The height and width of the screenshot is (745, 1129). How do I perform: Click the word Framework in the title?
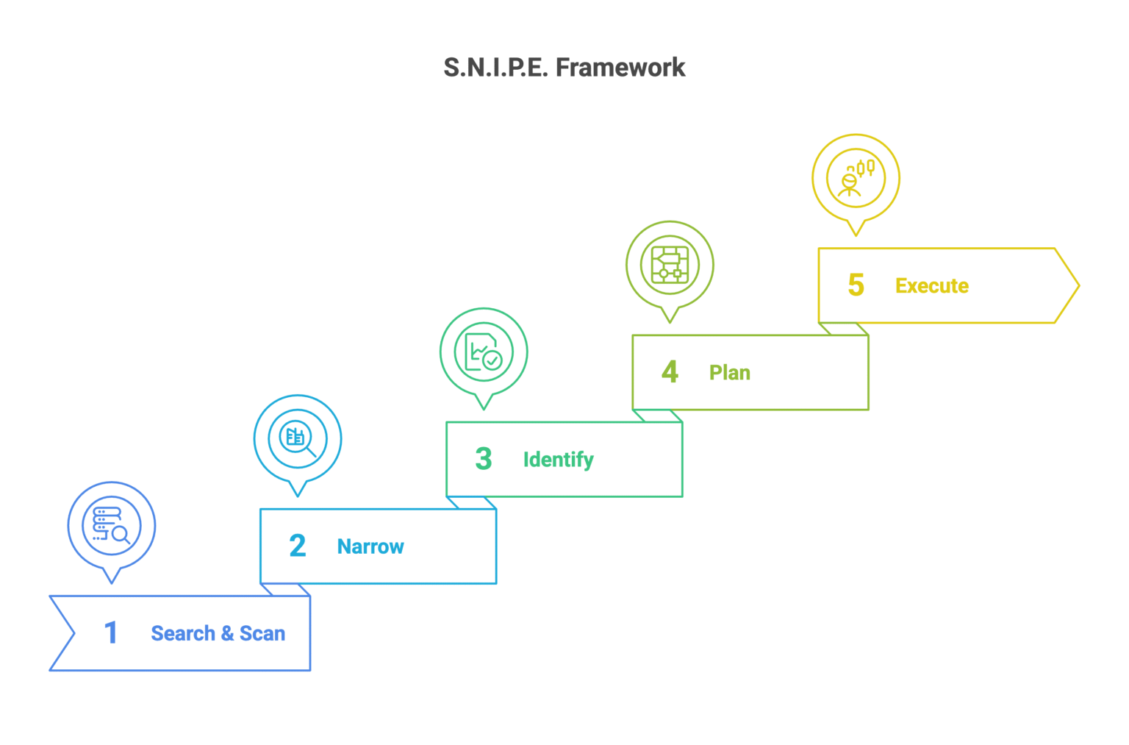click(620, 68)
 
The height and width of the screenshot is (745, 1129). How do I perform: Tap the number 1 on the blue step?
click(111, 632)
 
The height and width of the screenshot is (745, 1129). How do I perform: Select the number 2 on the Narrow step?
click(297, 546)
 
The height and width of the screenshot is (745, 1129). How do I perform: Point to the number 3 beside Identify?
click(483, 459)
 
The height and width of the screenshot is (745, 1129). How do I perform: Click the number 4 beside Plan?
click(670, 372)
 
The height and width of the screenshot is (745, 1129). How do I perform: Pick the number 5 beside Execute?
click(856, 285)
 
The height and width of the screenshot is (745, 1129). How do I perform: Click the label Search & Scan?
click(218, 633)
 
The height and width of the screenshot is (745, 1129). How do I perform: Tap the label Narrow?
click(370, 546)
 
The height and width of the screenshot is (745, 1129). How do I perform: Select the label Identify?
click(558, 460)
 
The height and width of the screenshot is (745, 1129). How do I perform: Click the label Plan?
click(729, 373)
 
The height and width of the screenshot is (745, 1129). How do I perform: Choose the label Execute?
click(931, 286)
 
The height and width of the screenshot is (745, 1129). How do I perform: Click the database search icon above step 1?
click(112, 525)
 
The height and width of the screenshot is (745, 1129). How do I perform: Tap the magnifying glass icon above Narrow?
click(298, 438)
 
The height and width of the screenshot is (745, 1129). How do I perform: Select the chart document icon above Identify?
click(484, 352)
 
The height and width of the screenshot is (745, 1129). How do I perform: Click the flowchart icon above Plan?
click(670, 265)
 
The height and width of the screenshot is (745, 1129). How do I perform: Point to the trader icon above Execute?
click(856, 178)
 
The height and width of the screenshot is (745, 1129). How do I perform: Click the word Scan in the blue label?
click(262, 633)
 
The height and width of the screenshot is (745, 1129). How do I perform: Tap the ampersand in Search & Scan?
click(227, 633)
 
